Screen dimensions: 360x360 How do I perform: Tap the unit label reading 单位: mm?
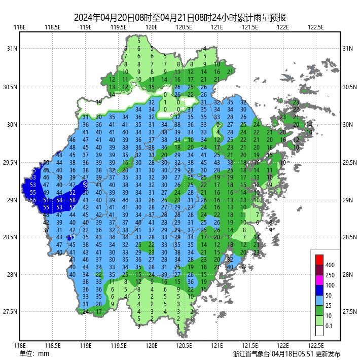click(x=34, y=353)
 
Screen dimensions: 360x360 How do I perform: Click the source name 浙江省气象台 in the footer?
click(x=251, y=354)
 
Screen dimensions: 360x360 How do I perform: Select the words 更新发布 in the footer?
click(x=328, y=354)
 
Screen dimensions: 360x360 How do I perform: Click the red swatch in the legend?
click(x=319, y=260)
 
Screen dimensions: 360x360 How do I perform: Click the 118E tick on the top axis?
click(x=20, y=27)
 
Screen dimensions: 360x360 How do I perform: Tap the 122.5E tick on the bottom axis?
click(x=316, y=346)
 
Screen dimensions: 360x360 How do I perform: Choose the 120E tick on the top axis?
click(x=151, y=27)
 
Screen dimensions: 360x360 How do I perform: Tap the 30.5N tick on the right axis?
click(x=348, y=87)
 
